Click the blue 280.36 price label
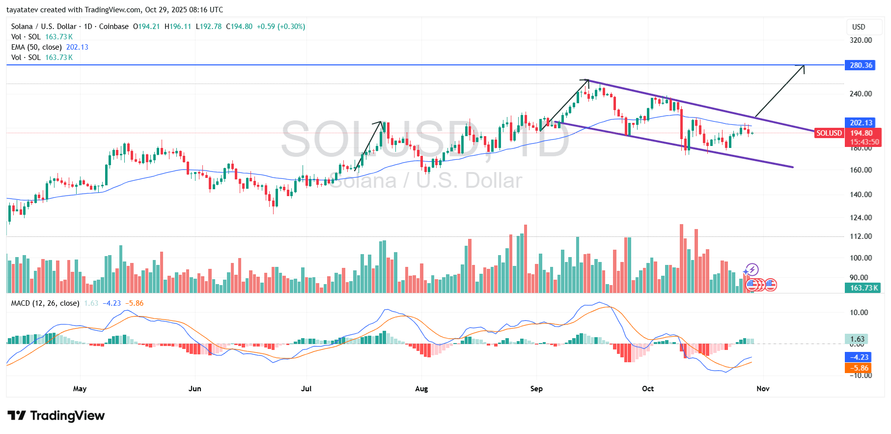(860, 65)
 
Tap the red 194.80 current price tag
(861, 133)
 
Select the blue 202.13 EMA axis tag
(860, 123)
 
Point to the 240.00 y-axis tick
(861, 94)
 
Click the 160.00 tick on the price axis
(861, 170)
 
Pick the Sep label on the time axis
(536, 389)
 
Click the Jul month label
(306, 389)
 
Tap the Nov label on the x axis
(763, 389)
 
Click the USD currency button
(859, 27)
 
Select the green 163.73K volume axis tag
(863, 288)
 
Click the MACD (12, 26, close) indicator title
(45, 303)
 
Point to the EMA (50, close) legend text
(36, 47)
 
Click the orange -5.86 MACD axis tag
(858, 368)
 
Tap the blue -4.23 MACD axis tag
(858, 357)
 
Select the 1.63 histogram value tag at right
(857, 339)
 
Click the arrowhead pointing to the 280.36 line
(803, 67)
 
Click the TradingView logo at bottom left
(56, 416)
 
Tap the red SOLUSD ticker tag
(829, 133)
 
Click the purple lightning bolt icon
(752, 270)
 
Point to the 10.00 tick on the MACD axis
(859, 313)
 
